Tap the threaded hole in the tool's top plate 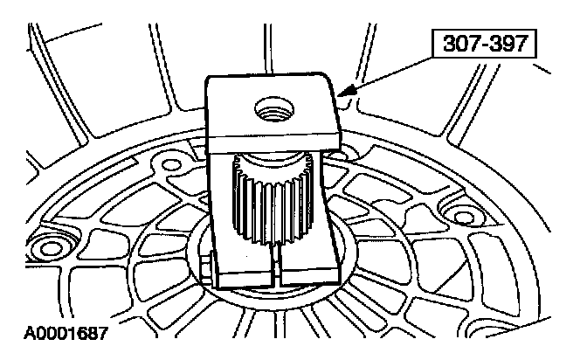[266, 111]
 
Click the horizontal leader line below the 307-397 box [411, 59]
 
